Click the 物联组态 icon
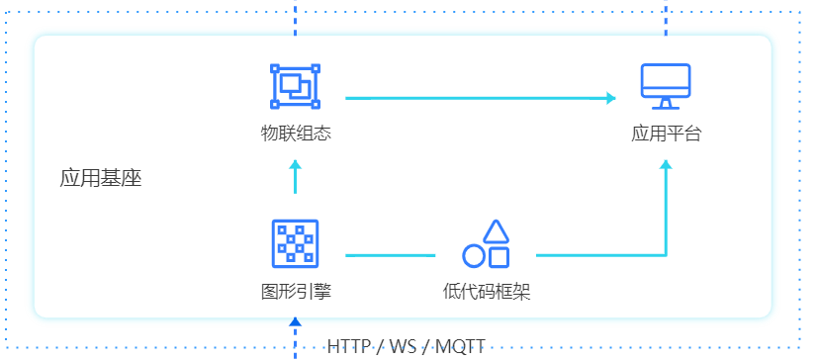tap(296, 86)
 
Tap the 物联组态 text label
tap(296, 134)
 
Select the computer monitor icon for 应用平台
tap(666, 86)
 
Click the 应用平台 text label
tap(666, 134)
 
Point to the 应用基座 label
tap(101, 179)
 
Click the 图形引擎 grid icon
tap(296, 243)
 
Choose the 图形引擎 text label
tap(296, 292)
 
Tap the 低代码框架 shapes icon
tap(487, 245)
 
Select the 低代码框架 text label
tap(487, 292)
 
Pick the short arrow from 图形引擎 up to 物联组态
tap(295, 177)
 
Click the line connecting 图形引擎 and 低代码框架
tap(391, 255)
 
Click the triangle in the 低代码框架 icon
tap(496, 231)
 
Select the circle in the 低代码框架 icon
tap(474, 257)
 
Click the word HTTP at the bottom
tap(348, 347)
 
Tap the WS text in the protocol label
tap(403, 347)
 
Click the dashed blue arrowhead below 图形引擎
tap(295, 320)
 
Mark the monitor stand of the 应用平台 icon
tap(666, 104)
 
